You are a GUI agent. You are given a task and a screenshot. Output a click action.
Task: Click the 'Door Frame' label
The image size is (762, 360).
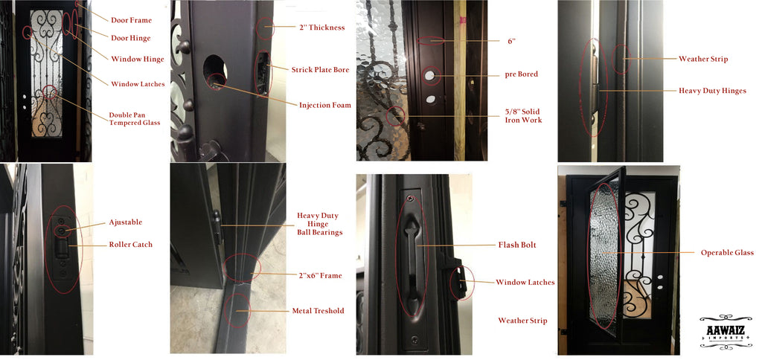[x=131, y=20]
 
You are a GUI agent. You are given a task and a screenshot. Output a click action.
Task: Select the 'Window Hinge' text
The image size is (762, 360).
[x=138, y=60]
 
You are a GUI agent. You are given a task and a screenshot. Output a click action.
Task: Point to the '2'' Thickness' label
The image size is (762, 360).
[x=321, y=28]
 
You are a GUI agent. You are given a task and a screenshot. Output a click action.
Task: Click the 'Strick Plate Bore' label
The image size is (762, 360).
[x=320, y=70]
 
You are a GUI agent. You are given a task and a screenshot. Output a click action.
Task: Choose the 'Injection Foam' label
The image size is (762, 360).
[x=324, y=105]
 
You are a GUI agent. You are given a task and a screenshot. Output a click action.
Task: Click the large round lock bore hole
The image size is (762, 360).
[x=215, y=71]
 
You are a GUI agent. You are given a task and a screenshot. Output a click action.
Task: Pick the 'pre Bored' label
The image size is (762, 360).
[x=522, y=75]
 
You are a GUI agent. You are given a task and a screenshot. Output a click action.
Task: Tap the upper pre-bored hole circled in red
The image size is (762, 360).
[x=431, y=75]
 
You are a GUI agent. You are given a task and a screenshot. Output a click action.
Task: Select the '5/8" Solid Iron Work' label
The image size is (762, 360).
[x=523, y=115]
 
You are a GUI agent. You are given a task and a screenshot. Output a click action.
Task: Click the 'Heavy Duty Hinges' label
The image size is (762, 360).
[x=712, y=91]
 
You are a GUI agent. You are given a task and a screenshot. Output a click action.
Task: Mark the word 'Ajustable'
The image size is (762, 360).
[x=125, y=222]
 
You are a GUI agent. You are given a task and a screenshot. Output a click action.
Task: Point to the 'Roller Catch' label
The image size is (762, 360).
[x=130, y=245]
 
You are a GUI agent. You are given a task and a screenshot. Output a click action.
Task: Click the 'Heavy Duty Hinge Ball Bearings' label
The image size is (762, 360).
[x=320, y=224]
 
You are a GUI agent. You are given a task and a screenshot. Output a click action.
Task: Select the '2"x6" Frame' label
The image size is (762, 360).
[x=320, y=275]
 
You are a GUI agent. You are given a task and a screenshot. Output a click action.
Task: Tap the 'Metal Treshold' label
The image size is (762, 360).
[x=318, y=311]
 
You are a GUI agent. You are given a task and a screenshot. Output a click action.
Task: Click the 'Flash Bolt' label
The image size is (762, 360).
[x=517, y=245]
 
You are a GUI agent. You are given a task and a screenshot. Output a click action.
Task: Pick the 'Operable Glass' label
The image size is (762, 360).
[x=727, y=253]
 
